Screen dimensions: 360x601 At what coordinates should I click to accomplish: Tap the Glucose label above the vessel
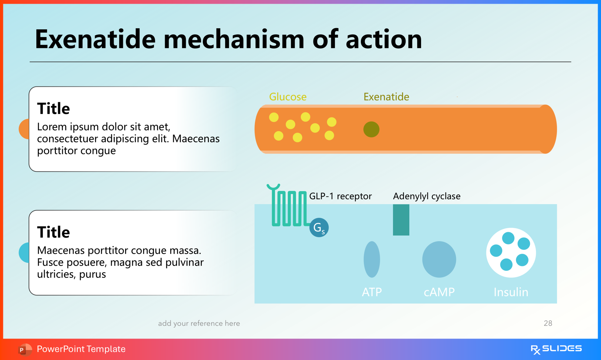click(288, 97)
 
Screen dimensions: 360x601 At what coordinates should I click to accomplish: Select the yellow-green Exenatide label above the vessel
click(386, 97)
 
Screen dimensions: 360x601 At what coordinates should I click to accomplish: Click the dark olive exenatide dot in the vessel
click(371, 129)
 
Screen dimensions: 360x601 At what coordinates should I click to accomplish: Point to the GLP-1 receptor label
click(340, 196)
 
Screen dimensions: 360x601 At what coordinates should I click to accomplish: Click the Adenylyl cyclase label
click(426, 196)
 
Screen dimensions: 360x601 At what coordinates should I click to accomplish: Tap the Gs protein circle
click(319, 227)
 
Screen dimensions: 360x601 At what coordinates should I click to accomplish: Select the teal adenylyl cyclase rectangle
click(401, 220)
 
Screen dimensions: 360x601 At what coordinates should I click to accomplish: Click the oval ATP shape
click(372, 259)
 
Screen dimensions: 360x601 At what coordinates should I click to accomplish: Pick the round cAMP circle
click(439, 259)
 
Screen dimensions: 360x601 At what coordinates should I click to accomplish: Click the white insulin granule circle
click(511, 253)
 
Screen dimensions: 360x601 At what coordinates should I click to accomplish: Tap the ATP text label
click(372, 292)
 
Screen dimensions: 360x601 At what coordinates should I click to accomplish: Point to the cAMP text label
click(439, 292)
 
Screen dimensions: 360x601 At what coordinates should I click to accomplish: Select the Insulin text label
click(511, 292)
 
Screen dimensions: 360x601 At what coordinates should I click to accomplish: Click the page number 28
click(548, 323)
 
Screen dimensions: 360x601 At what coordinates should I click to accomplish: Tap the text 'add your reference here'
click(199, 323)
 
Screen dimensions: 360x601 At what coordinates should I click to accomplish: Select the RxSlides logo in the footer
click(556, 349)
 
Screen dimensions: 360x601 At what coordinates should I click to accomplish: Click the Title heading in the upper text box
click(53, 109)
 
